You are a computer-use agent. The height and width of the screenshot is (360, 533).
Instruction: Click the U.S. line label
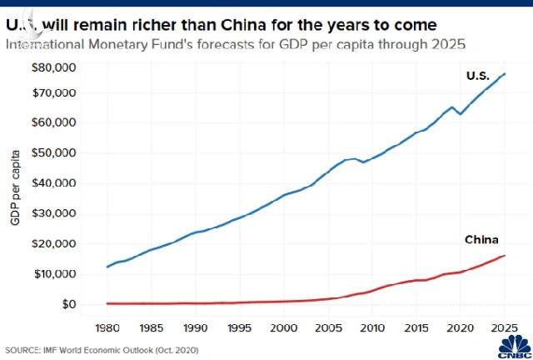coord(478,76)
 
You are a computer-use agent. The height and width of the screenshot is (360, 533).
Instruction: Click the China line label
coord(481,240)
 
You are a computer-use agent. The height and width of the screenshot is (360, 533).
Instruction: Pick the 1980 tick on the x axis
coord(106,327)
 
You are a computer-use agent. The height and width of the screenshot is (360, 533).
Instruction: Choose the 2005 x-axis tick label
coord(327,327)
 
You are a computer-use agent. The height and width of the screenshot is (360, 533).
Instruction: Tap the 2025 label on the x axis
coord(504,327)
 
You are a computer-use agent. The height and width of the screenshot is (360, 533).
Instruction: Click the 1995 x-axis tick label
coord(239,327)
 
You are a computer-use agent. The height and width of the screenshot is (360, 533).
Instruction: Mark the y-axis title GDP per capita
coord(15,185)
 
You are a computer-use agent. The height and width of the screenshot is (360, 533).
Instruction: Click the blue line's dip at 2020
coord(461,113)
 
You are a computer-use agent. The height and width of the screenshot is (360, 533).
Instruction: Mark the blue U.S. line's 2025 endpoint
coord(505,74)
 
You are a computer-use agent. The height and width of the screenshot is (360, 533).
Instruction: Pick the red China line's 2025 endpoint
coord(505,256)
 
